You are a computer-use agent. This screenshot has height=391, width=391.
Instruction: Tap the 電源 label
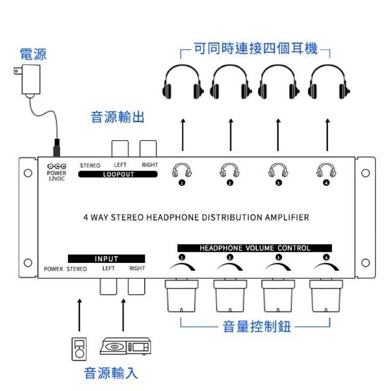point(33,54)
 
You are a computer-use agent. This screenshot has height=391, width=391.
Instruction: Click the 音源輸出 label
point(118,117)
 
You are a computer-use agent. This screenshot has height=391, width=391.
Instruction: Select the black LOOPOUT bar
point(118,174)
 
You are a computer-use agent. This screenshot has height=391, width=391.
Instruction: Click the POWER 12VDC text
point(57,175)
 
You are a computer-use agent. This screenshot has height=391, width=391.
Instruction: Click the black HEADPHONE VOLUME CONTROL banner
point(255,248)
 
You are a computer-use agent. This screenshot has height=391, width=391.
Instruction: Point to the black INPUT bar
point(107,259)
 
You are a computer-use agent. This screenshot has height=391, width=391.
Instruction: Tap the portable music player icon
point(79,348)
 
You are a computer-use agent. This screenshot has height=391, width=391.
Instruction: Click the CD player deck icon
point(126,347)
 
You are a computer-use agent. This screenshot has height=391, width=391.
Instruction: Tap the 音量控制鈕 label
point(257,326)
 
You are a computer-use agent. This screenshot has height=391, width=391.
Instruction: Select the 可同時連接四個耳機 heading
point(256,49)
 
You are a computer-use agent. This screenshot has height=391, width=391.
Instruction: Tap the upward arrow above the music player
point(79,315)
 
